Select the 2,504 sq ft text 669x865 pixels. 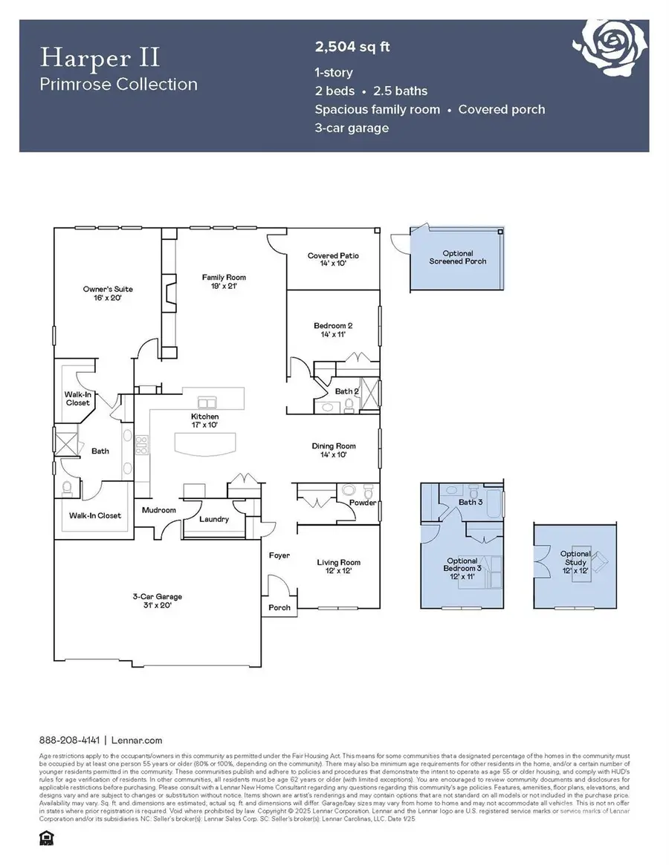[352, 48]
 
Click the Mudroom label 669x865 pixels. [160, 510]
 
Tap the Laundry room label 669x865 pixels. [214, 519]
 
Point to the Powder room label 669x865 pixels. [362, 503]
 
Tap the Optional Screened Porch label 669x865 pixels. [457, 258]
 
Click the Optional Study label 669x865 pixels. [576, 558]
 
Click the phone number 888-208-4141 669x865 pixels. [69, 740]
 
